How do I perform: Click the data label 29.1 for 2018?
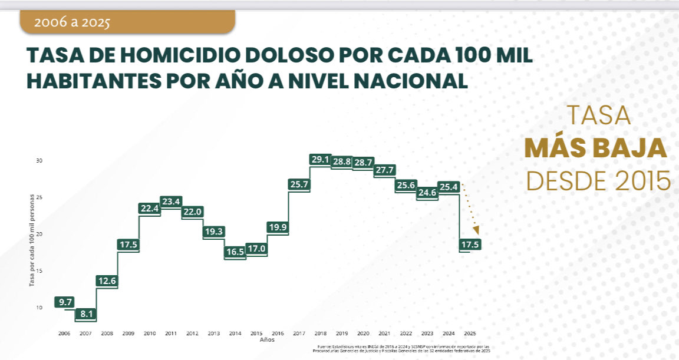click(321, 160)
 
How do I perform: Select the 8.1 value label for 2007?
click(86, 314)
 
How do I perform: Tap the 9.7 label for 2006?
click(65, 302)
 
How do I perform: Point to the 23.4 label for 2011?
click(171, 202)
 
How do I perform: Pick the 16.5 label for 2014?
click(235, 252)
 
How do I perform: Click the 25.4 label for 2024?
click(449, 187)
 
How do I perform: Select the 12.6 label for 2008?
click(107, 280)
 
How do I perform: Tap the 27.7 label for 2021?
click(384, 170)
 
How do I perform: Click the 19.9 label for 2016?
click(278, 227)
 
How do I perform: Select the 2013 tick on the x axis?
click(213, 333)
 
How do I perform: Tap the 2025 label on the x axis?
click(470, 333)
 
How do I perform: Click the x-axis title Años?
click(266, 340)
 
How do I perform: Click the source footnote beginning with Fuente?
click(403, 349)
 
